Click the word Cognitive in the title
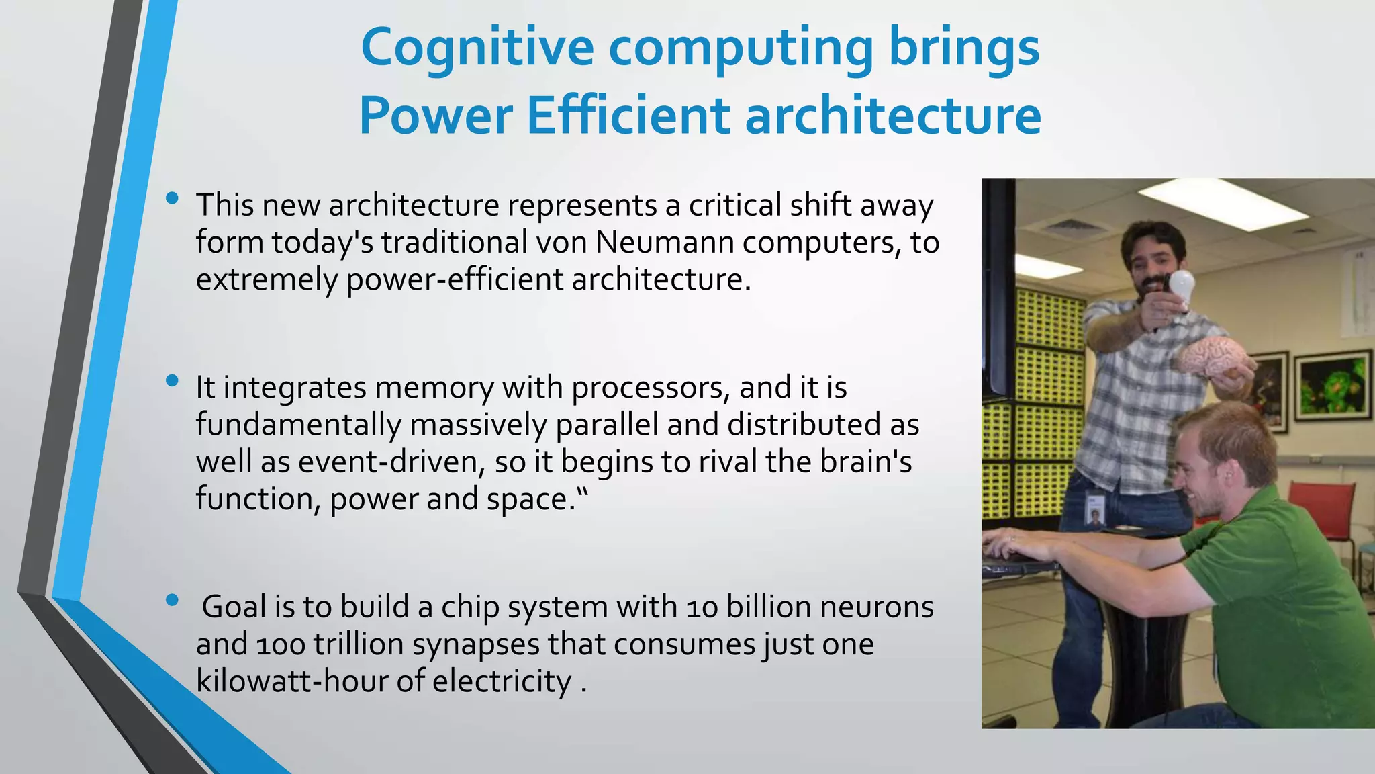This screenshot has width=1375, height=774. (477, 48)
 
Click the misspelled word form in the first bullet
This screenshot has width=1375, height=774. (229, 242)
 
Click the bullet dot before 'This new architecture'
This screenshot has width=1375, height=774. (172, 198)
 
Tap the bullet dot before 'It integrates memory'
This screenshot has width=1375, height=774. (172, 381)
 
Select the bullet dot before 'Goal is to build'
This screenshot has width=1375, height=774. (172, 600)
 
